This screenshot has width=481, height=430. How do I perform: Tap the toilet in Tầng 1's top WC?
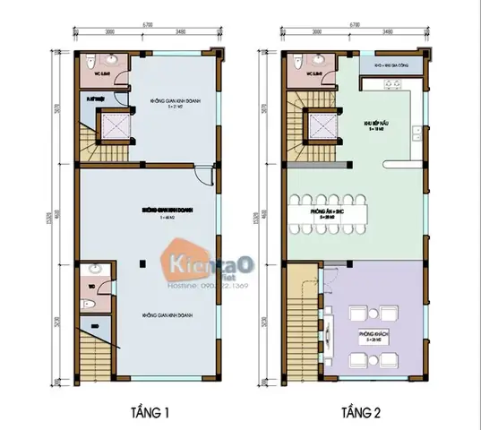coord(92,64)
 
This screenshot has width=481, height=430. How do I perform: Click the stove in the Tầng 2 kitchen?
coord(391,85)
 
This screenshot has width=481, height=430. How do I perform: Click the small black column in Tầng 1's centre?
coord(142,262)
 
